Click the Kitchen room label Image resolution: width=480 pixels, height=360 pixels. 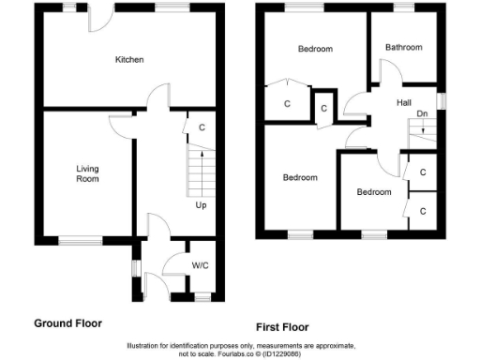click(129, 60)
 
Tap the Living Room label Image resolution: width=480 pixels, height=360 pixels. click(87, 173)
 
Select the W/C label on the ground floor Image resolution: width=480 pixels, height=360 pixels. click(200, 265)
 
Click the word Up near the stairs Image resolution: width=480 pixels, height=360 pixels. click(201, 204)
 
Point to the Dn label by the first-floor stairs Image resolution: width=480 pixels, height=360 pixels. click(422, 113)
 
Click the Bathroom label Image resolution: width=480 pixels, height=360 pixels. click(403, 48)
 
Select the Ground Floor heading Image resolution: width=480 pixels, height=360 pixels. click(67, 323)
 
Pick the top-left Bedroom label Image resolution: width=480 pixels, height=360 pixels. click(316, 49)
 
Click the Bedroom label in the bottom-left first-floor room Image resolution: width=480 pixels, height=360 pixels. click(300, 177)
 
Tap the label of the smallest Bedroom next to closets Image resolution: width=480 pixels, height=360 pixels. click(373, 192)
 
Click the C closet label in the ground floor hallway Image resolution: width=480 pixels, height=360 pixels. click(202, 127)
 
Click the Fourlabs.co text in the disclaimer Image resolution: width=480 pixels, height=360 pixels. click(247, 353)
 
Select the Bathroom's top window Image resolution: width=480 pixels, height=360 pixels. click(403, 7)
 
